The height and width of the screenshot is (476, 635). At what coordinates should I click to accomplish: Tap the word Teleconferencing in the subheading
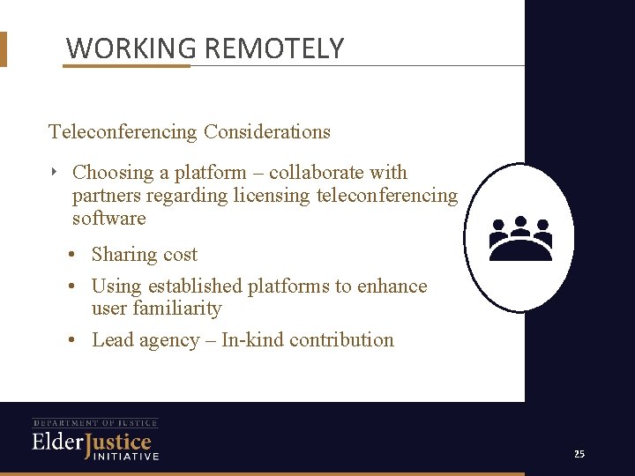pos(123,132)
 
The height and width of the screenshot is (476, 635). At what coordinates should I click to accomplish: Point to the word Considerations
pos(267,132)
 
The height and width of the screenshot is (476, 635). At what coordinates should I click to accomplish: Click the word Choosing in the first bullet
pos(110,173)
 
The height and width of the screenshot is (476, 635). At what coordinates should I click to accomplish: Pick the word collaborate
pos(317,173)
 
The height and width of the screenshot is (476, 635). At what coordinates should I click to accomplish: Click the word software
pos(108,218)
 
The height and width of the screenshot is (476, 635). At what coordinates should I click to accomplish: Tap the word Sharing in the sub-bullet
pos(123,255)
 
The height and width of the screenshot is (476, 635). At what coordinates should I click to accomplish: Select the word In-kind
pos(252,340)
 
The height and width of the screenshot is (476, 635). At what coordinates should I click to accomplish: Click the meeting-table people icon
pos(520,238)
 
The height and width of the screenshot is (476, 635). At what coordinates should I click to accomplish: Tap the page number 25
pos(579,454)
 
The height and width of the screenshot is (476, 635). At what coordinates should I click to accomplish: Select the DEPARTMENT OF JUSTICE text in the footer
pos(95,423)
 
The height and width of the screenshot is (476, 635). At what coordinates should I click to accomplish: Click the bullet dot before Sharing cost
pos(72,255)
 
